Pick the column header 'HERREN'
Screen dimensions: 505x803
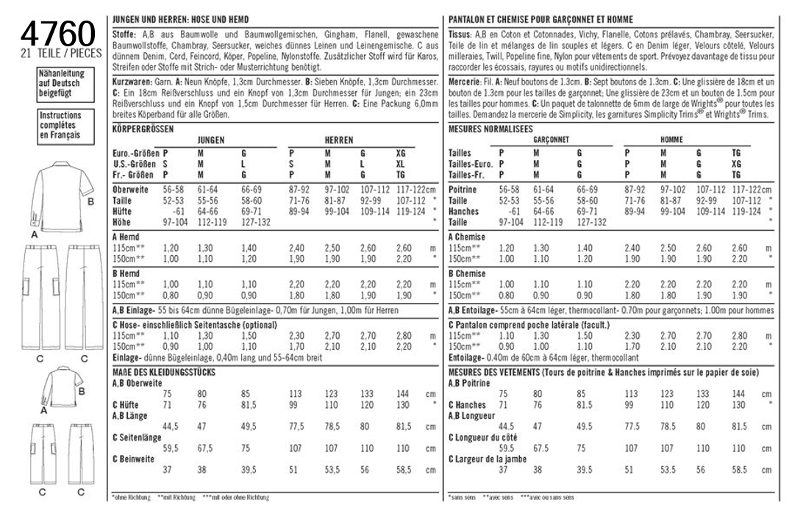click(x=338, y=140)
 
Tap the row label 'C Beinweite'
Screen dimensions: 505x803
click(x=136, y=459)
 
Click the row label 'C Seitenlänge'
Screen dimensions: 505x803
click(x=138, y=437)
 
